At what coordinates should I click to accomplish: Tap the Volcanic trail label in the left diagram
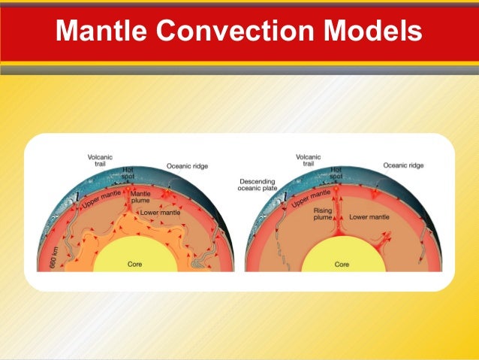pos(98,162)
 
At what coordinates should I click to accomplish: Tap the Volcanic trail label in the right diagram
pos(307,161)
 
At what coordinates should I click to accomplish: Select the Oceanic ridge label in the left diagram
pos(186,166)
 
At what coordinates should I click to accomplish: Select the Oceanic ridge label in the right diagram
pos(401,165)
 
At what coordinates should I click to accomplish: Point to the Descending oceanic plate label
pos(258,186)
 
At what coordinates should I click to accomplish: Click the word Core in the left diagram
pos(132,265)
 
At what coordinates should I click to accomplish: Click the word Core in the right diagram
pos(342,265)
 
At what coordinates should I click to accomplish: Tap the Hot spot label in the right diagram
pos(336,173)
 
